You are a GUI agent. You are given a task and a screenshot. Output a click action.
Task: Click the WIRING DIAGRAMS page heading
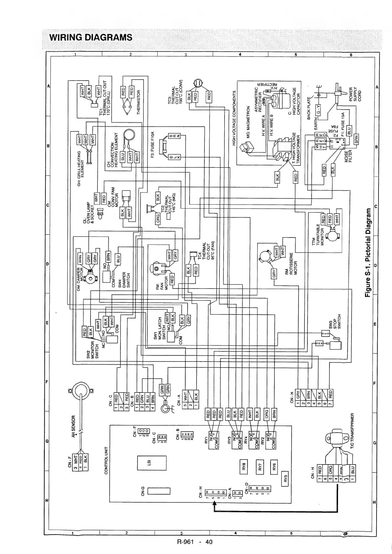coord(90,37)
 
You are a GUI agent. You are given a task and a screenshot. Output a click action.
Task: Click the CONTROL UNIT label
coord(106,461)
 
